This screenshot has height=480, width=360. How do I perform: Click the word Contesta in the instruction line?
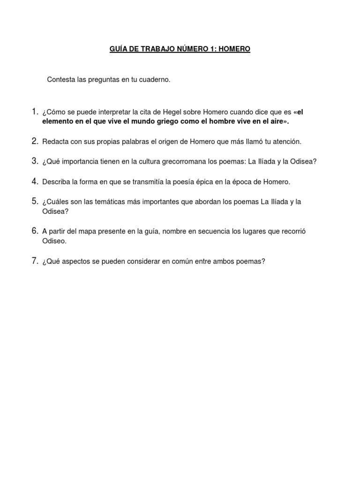point(60,80)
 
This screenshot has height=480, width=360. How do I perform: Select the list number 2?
point(35,141)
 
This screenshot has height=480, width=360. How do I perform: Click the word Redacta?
point(54,141)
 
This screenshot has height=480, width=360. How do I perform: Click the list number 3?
point(35,161)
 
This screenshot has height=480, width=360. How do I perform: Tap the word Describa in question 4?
point(56,181)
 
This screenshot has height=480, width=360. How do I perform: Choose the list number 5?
point(35,202)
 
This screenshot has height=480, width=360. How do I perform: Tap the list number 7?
point(35,262)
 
